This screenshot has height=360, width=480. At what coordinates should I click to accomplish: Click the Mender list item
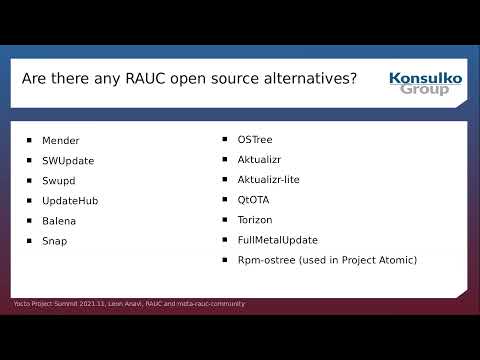click(61, 141)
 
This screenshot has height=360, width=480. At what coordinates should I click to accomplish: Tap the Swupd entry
click(59, 181)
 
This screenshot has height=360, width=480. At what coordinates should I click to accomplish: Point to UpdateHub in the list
click(70, 201)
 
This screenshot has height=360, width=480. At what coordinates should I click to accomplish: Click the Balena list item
click(59, 221)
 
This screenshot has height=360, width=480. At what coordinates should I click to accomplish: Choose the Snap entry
click(56, 241)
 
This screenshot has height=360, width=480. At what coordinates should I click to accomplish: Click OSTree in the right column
click(255, 140)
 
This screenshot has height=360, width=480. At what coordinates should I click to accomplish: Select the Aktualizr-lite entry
click(269, 180)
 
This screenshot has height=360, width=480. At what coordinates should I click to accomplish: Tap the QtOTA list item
click(254, 200)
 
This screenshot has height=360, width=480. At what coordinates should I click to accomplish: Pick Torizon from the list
click(255, 220)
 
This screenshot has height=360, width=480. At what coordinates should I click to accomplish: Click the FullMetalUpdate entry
click(278, 240)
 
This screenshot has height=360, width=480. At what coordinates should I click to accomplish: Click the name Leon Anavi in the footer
click(126, 304)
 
